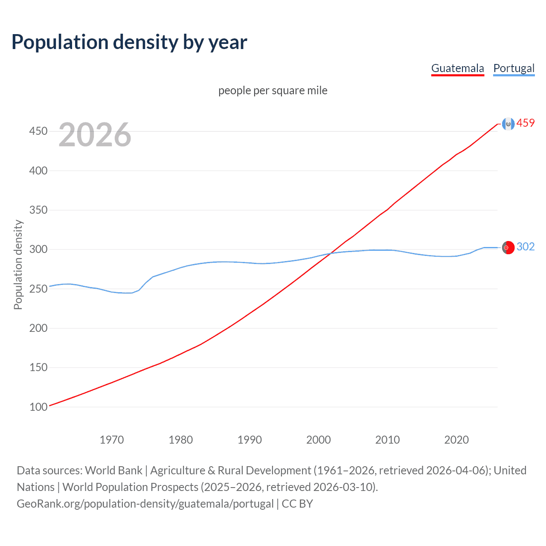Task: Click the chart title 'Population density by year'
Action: [x=129, y=42]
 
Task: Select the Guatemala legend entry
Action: [x=457, y=68]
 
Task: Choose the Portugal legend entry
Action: [x=514, y=68]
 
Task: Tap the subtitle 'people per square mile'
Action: [x=273, y=91]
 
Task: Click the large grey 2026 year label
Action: [x=95, y=135]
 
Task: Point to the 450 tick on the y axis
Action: [x=38, y=131]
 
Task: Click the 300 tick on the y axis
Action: [x=38, y=249]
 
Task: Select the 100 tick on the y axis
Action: [x=38, y=407]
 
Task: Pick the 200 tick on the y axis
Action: [x=38, y=328]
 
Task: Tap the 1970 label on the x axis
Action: [x=112, y=440]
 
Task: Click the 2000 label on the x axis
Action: [x=319, y=440]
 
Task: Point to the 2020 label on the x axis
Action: [x=456, y=440]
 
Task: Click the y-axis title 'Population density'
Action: [x=18, y=264]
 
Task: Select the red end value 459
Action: [x=526, y=123]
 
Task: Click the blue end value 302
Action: [x=526, y=247]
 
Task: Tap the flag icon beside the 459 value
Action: [x=508, y=124]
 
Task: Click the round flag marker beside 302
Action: [x=508, y=247]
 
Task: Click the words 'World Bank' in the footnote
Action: [x=113, y=470]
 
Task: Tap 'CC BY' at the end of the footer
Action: [x=297, y=504]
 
